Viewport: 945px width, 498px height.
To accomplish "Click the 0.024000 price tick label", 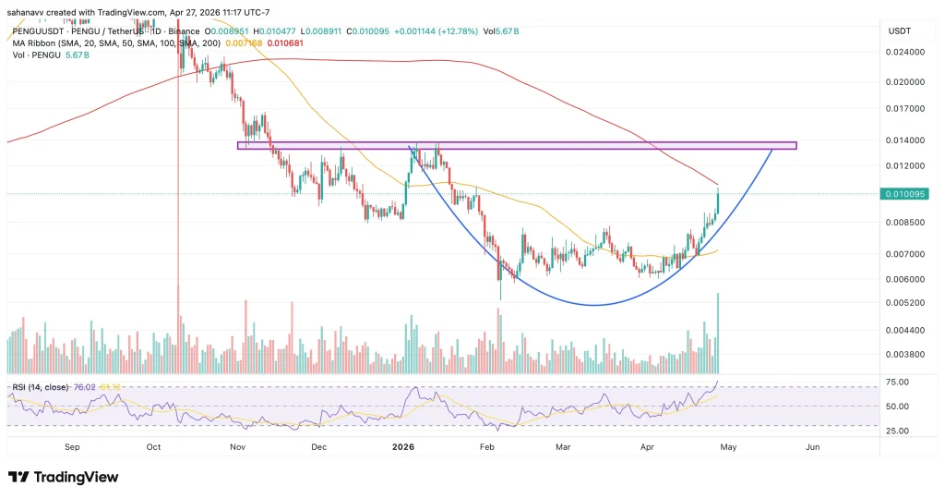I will pyautogui.click(x=905, y=53).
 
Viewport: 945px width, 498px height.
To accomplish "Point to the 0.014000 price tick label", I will pyautogui.click(x=905, y=140).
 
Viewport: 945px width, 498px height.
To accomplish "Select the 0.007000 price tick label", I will pyautogui.click(x=905, y=254).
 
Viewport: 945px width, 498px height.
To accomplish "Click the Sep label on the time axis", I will pyautogui.click(x=75, y=447).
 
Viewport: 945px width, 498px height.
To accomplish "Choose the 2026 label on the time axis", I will pyautogui.click(x=402, y=447).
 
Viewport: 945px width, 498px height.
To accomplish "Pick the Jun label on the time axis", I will pyautogui.click(x=812, y=447).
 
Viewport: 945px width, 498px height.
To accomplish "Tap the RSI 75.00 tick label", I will pyautogui.click(x=899, y=382).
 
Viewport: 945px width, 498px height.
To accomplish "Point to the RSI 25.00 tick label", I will pyautogui.click(x=899, y=431).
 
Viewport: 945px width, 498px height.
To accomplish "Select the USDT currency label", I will pyautogui.click(x=899, y=30).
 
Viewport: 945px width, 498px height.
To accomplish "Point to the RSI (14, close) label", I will pyautogui.click(x=38, y=387).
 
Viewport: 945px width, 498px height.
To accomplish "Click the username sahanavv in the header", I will pyautogui.click(x=30, y=12).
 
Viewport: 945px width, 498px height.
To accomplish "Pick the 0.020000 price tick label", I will pyautogui.click(x=905, y=81).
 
